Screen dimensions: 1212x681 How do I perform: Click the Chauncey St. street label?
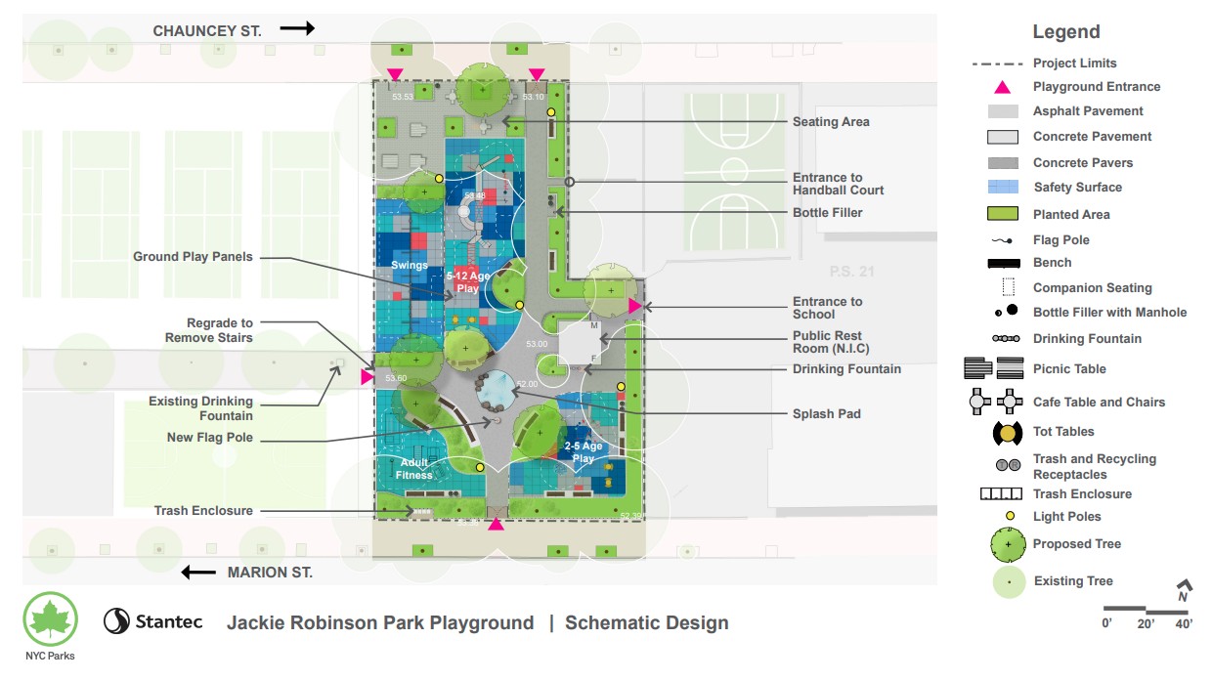click(x=207, y=31)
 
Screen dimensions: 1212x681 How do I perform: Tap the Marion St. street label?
click(x=270, y=573)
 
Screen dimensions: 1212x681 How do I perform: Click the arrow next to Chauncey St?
click(x=297, y=28)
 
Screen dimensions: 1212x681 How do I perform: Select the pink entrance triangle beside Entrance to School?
click(x=634, y=306)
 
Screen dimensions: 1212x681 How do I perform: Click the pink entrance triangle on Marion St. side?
click(x=497, y=525)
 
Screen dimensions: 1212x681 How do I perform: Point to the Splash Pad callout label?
click(x=827, y=414)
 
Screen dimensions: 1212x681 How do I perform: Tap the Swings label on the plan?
click(x=410, y=266)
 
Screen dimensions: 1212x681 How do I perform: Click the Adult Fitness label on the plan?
click(x=414, y=469)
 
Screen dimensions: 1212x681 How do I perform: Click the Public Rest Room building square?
click(x=579, y=345)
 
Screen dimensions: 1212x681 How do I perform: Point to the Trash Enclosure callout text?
click(x=203, y=511)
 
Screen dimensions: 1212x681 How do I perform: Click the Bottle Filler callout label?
click(x=827, y=213)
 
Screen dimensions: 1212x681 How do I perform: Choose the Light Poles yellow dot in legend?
click(x=1011, y=517)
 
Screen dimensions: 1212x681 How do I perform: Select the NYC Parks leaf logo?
click(x=50, y=619)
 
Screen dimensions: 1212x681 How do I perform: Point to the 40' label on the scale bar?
click(x=1183, y=623)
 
